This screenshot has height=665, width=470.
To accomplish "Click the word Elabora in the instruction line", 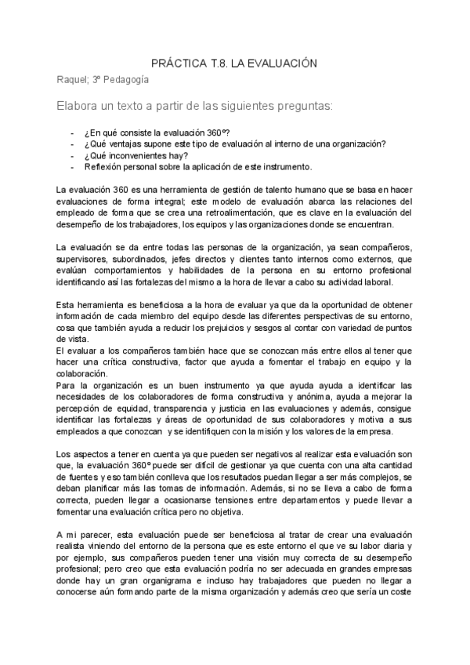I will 77,105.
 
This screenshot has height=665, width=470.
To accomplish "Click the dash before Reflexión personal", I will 73,166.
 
